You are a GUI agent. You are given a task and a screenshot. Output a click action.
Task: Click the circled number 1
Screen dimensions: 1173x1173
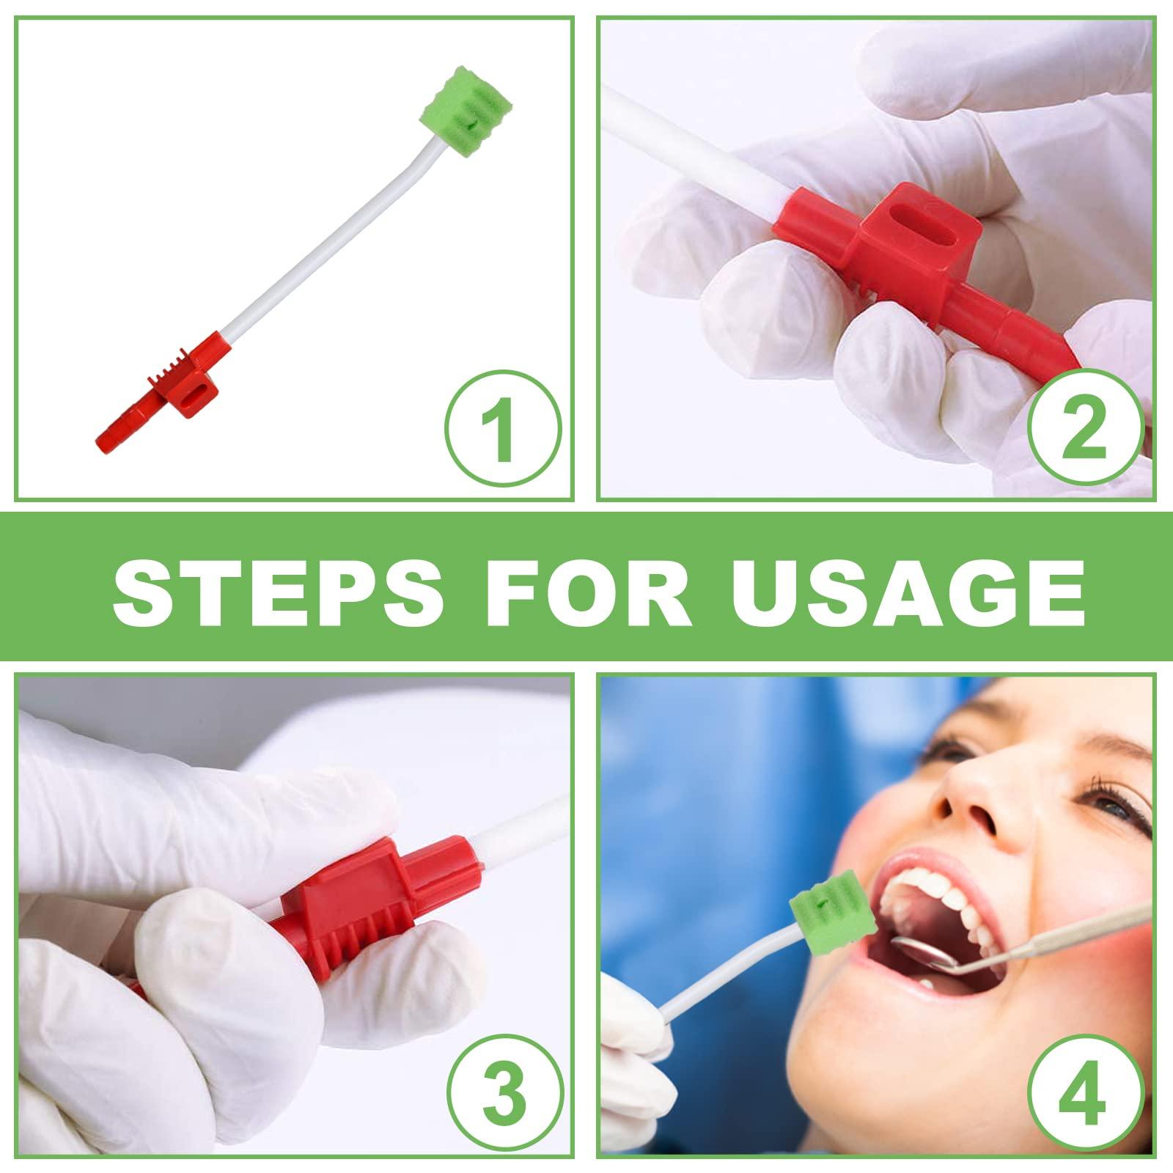(502, 431)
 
